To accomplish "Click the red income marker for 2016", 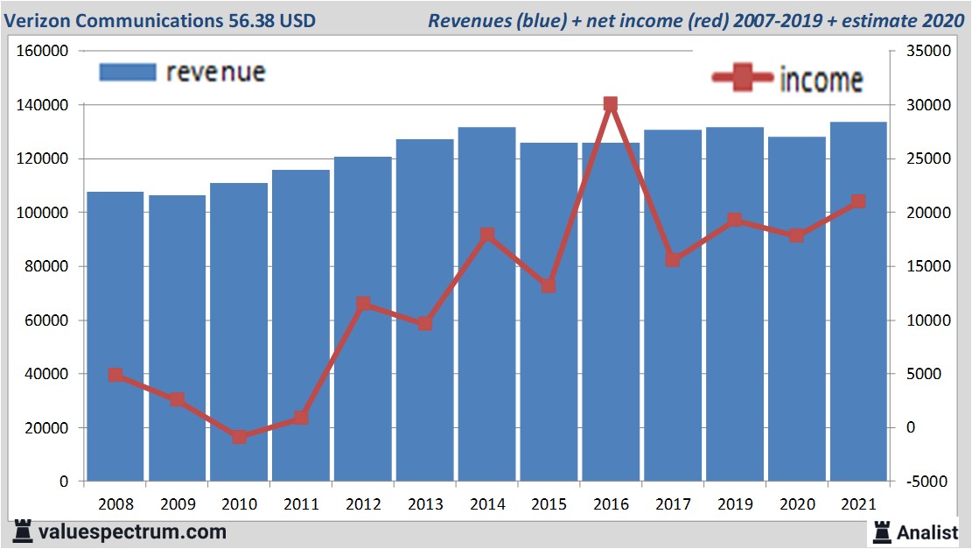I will click(x=611, y=104).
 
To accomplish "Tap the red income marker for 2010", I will click(x=240, y=436).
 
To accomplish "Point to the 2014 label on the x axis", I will click(x=487, y=504).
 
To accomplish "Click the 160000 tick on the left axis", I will click(x=43, y=51).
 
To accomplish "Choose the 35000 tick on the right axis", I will click(x=920, y=51).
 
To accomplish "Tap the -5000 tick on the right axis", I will click(x=920, y=482).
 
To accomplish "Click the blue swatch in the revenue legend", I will click(x=128, y=72).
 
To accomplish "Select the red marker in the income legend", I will click(x=743, y=79).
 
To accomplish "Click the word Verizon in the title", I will click(x=38, y=20).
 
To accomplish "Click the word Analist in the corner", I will click(x=928, y=531).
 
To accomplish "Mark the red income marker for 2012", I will click(x=364, y=304).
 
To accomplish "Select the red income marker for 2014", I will click(x=487, y=235).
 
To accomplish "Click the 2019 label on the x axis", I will click(x=735, y=504).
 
